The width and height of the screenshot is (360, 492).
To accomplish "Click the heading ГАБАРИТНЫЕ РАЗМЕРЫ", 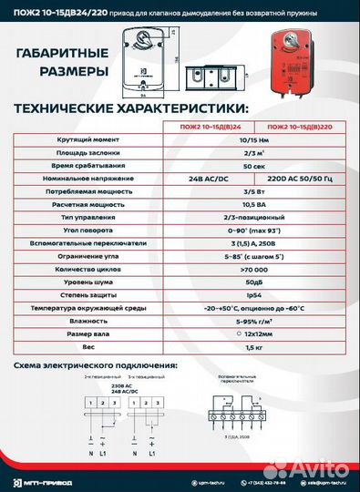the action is pos(63,63).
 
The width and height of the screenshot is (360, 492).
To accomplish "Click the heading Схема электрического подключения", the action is pos(97,366).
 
